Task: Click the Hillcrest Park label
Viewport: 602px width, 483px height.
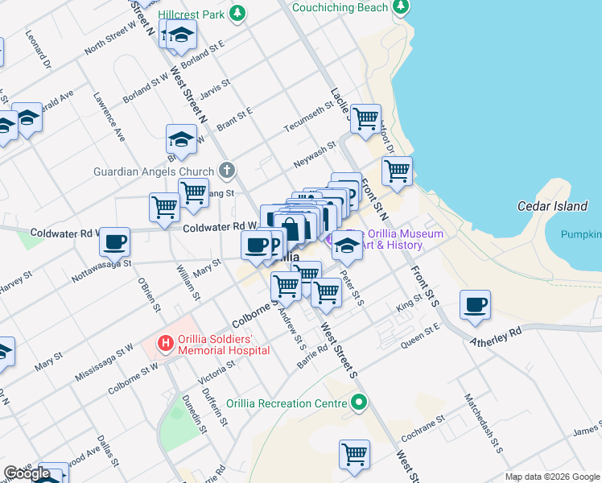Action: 191,14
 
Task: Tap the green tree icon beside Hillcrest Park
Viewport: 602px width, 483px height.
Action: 237,13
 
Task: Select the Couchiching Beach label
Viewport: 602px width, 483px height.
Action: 340,7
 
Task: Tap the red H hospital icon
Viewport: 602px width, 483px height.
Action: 166,344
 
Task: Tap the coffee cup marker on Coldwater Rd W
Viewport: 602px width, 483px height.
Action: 115,241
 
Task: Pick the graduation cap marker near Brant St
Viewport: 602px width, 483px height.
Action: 181,138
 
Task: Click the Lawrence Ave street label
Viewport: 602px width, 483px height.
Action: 109,116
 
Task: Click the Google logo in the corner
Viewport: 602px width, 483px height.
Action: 27,473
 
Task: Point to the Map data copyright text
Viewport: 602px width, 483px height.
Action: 552,477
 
